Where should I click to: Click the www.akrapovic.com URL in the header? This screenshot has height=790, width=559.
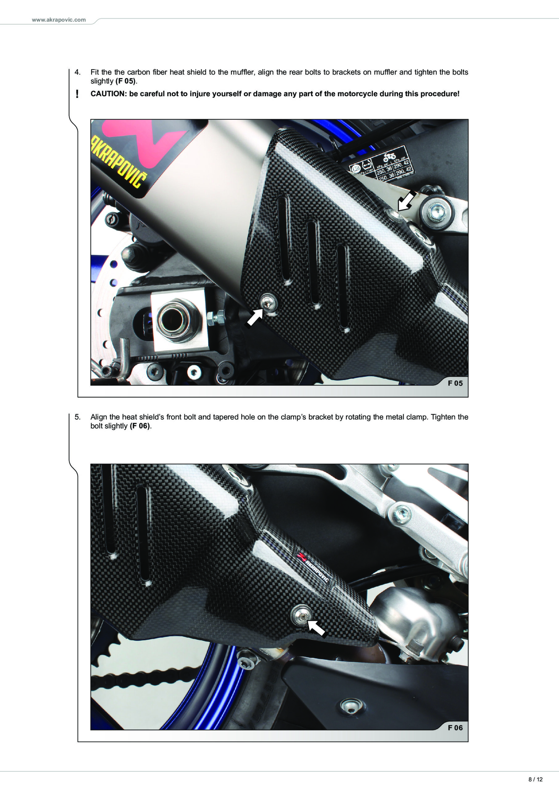click(x=59, y=20)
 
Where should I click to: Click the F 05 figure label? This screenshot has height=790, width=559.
click(x=455, y=383)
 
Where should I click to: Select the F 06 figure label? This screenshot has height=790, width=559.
click(x=455, y=728)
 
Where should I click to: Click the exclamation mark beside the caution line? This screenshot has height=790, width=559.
click(x=77, y=94)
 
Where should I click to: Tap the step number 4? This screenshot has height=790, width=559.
click(x=78, y=72)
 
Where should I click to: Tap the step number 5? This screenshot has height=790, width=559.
click(x=78, y=417)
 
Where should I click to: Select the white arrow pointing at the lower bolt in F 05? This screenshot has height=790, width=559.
click(x=254, y=317)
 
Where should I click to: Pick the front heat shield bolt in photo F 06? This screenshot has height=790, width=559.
click(x=301, y=616)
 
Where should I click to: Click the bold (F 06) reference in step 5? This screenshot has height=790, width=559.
click(x=140, y=426)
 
